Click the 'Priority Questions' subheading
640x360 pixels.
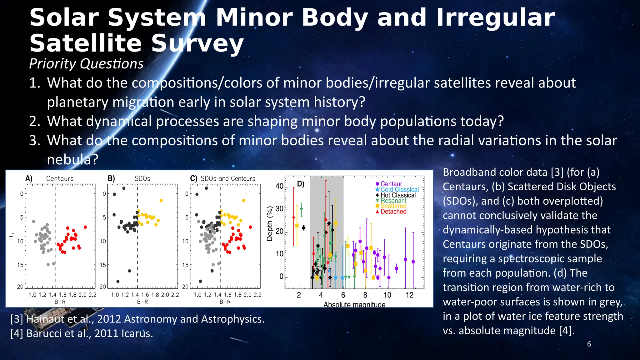click(86, 64)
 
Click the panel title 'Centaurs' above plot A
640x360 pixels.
click(60, 178)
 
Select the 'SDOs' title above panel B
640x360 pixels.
click(142, 178)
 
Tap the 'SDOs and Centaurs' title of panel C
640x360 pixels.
click(228, 178)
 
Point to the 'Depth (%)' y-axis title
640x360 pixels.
click(269, 224)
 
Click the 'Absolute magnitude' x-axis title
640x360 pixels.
click(354, 304)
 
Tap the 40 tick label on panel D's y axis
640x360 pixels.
click(279, 186)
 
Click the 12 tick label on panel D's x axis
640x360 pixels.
click(409, 295)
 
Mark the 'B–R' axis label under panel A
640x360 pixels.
click(60, 302)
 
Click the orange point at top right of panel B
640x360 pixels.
click(161, 201)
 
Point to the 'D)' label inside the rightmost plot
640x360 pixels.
click(301, 184)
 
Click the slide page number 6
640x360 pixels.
click(589, 344)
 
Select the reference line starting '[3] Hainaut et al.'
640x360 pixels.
click(137, 319)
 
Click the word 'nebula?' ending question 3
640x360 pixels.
click(72, 160)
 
